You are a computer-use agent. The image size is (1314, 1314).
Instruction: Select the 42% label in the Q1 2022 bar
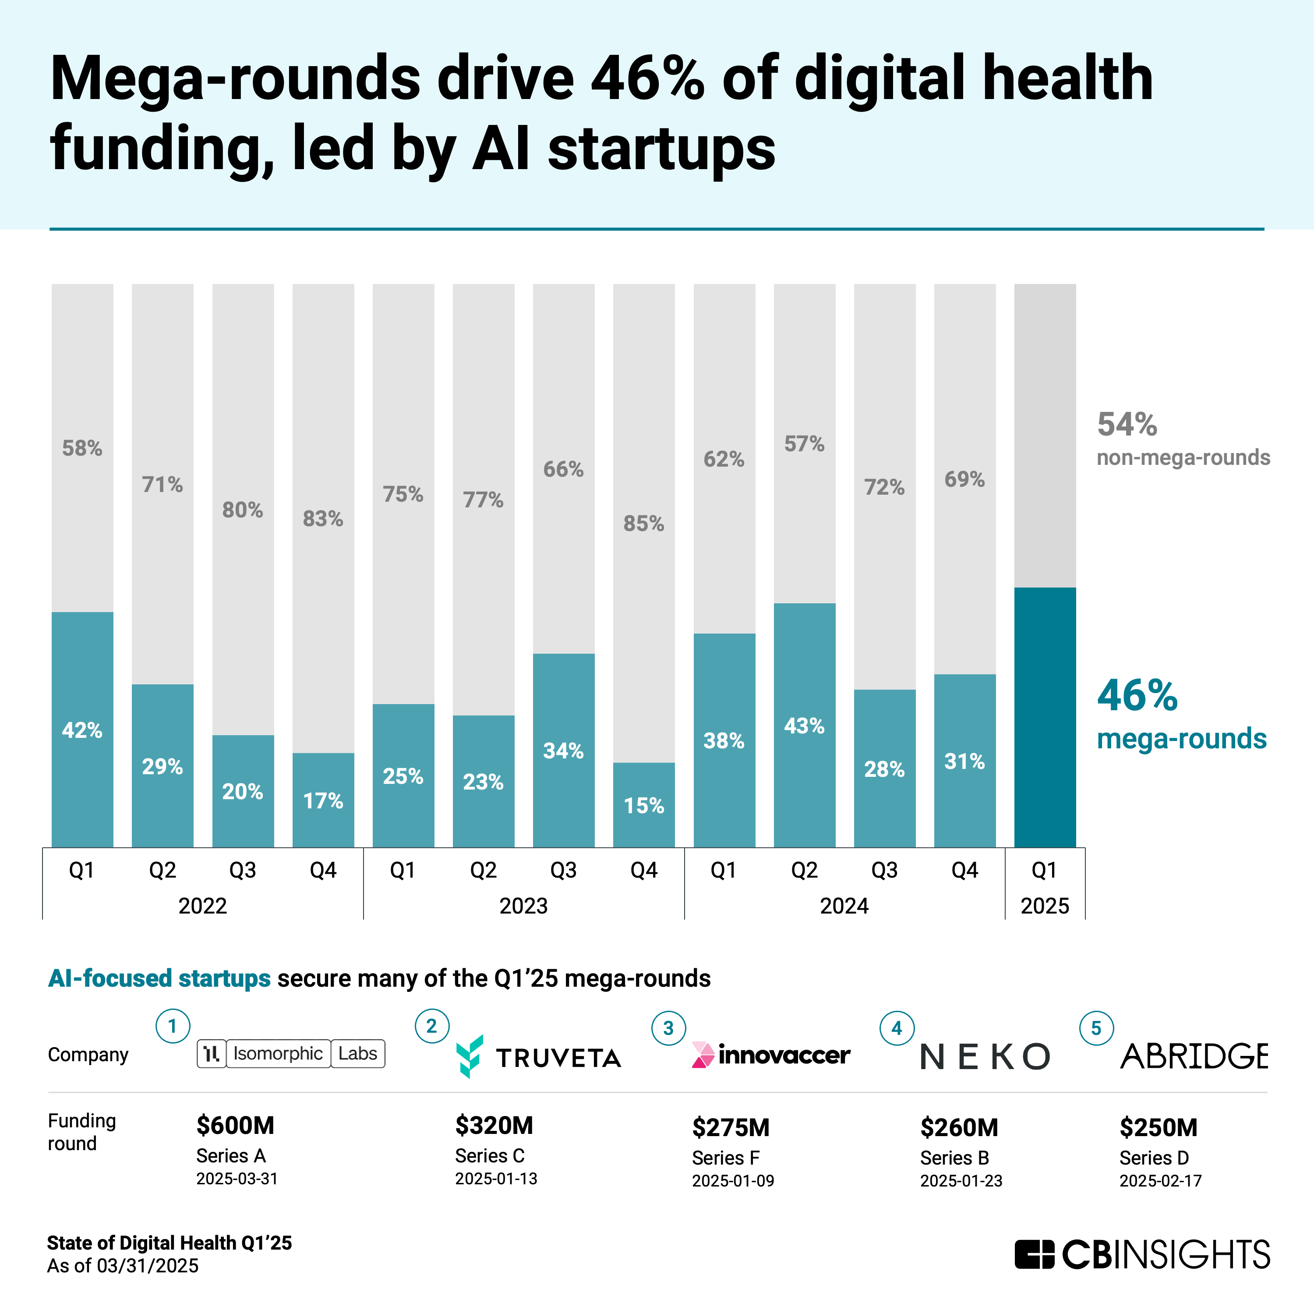click(82, 730)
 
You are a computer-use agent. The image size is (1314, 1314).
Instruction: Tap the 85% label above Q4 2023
click(643, 523)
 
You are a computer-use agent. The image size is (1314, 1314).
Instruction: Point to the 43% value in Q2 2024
click(804, 726)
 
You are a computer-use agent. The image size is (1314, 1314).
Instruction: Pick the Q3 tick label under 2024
click(884, 870)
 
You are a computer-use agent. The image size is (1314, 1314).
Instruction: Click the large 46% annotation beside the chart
click(1137, 695)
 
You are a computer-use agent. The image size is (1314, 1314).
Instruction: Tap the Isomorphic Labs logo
click(291, 1053)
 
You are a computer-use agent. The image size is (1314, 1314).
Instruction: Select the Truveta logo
click(538, 1056)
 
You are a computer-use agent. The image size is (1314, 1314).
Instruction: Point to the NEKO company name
click(985, 1056)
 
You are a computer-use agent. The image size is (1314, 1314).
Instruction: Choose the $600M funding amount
click(235, 1126)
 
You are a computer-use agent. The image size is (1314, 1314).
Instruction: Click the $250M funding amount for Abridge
click(1158, 1127)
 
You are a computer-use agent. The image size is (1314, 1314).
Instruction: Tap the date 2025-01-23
click(961, 1181)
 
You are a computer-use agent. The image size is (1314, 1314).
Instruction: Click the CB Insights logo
click(1142, 1254)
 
